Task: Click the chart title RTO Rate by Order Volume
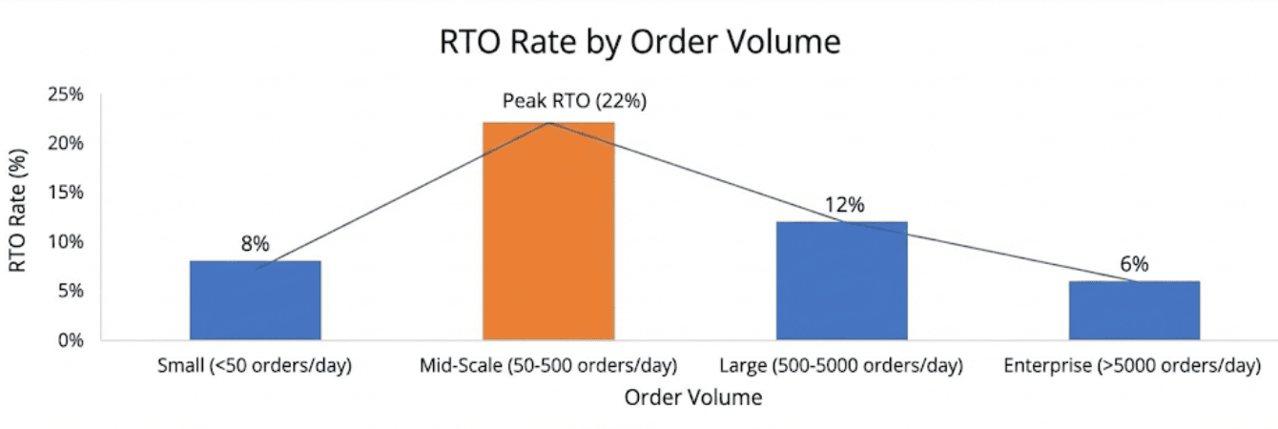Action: coord(639,43)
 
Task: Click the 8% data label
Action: coord(255,244)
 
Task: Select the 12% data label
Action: coord(844,205)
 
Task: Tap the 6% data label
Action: coord(1134,264)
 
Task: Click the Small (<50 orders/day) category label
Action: coord(255,366)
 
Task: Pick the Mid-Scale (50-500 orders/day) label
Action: coord(548,366)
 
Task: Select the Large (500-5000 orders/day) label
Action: coord(841,366)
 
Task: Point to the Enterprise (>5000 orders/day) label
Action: coord(1134,366)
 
